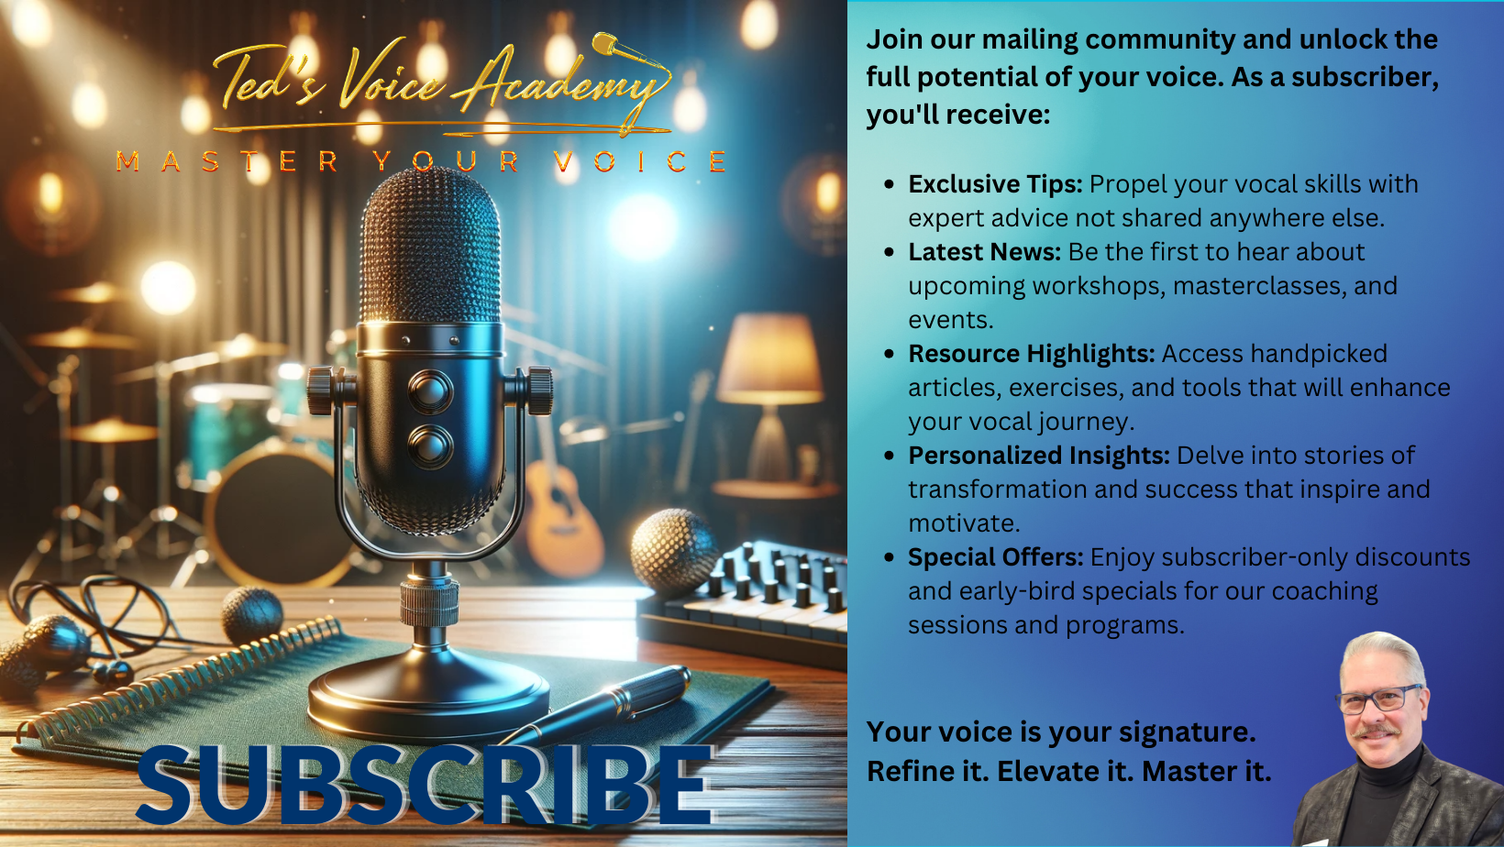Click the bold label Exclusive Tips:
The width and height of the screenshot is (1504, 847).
pyautogui.click(x=995, y=184)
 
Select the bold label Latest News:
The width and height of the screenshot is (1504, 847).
pyautogui.click(x=984, y=252)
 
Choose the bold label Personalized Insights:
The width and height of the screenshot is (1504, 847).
pyautogui.click(x=1039, y=456)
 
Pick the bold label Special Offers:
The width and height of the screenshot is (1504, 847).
pyautogui.click(x=996, y=557)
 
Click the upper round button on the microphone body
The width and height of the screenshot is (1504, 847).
pyautogui.click(x=430, y=391)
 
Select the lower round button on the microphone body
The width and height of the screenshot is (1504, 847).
pyautogui.click(x=430, y=445)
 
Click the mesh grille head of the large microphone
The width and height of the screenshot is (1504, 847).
pyautogui.click(x=430, y=246)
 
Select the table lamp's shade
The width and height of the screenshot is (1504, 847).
pyautogui.click(x=770, y=359)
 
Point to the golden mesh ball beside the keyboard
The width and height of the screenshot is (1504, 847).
pyautogui.click(x=674, y=550)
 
